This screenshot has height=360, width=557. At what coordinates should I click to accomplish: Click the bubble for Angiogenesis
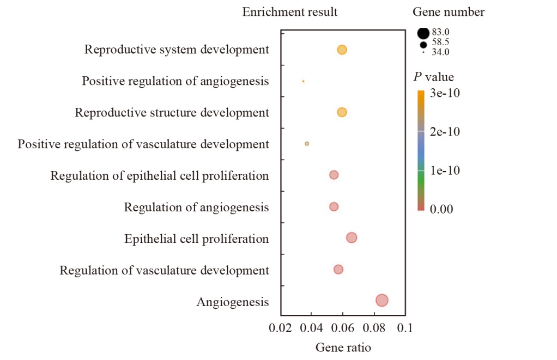coord(382,300)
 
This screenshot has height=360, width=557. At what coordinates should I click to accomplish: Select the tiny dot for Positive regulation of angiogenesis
coord(303,81)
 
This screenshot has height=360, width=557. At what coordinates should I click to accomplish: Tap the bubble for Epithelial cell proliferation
coord(352,237)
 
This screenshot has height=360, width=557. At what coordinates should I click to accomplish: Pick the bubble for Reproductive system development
coord(342,50)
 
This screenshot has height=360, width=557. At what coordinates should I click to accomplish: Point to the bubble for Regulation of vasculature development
coord(338,270)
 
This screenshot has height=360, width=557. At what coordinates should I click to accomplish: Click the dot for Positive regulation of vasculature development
coord(307,144)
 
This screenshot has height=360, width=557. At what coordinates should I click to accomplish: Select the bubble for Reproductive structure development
coord(342,112)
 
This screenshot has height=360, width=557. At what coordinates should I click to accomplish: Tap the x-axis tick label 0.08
coord(374,328)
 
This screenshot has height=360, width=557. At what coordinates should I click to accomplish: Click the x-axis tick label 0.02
coord(280,328)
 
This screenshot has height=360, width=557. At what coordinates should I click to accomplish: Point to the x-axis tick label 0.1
coord(405,328)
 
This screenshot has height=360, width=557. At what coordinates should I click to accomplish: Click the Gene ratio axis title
coord(343,347)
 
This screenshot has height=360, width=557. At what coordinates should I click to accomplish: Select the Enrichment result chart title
coord(290,12)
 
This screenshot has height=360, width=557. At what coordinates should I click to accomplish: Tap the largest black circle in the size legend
coord(423,33)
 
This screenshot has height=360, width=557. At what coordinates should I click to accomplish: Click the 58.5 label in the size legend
coord(440,42)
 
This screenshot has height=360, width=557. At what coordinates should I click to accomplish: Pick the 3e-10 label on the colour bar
coord(445,93)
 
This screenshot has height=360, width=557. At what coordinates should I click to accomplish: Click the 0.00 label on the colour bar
coord(441,209)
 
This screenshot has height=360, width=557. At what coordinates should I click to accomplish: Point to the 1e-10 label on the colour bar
coord(445,170)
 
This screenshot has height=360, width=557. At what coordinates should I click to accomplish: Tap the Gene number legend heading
coord(449,12)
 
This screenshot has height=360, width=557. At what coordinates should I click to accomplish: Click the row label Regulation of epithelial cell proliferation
coord(160,176)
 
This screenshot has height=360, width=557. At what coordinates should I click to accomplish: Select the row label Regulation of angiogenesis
coord(196,207)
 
